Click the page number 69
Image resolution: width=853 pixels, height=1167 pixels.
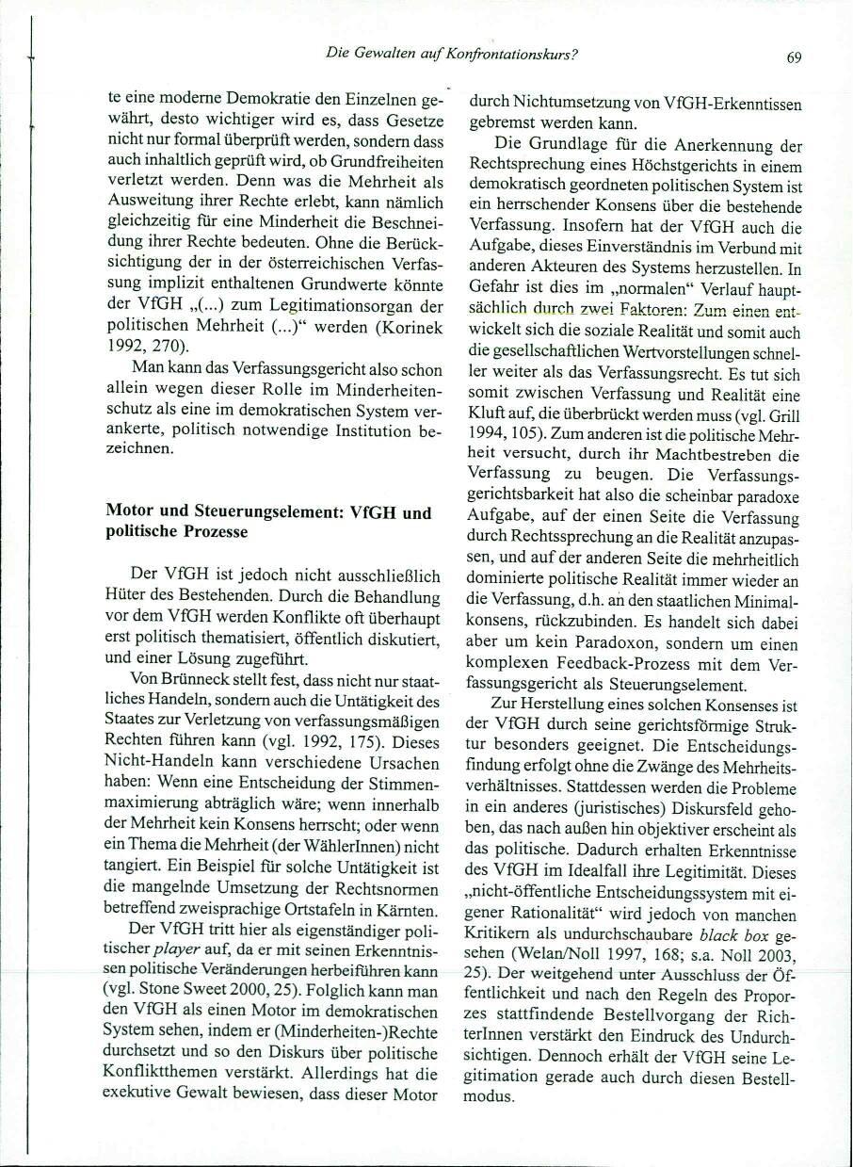coord(794,57)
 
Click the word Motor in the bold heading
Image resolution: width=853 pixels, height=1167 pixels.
coord(129,513)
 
